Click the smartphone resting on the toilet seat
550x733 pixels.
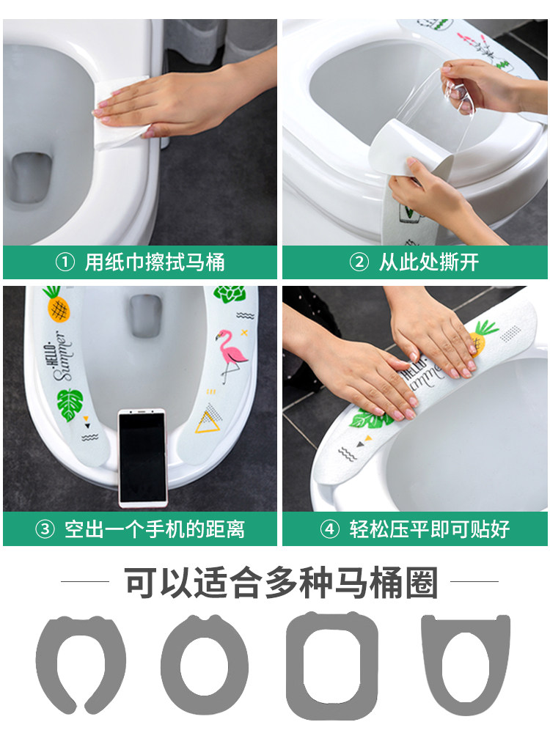pyautogui.click(x=142, y=457)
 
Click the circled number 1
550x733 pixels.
pyautogui.click(x=65, y=262)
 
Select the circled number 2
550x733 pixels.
pyautogui.click(x=359, y=262)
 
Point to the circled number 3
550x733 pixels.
pyautogui.click(x=45, y=529)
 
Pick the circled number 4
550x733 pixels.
pyautogui.click(x=330, y=529)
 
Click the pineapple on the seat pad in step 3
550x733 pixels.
pyautogui.click(x=56, y=303)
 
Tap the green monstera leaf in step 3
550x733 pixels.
pyautogui.click(x=70, y=405)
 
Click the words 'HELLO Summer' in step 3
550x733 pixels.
pyautogui.click(x=59, y=356)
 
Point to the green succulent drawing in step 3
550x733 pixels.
pyautogui.click(x=230, y=294)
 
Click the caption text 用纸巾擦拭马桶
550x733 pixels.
pyautogui.click(x=155, y=262)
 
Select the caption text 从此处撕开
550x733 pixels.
pyautogui.click(x=429, y=262)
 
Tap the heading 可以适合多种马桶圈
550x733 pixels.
pyautogui.click(x=282, y=583)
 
